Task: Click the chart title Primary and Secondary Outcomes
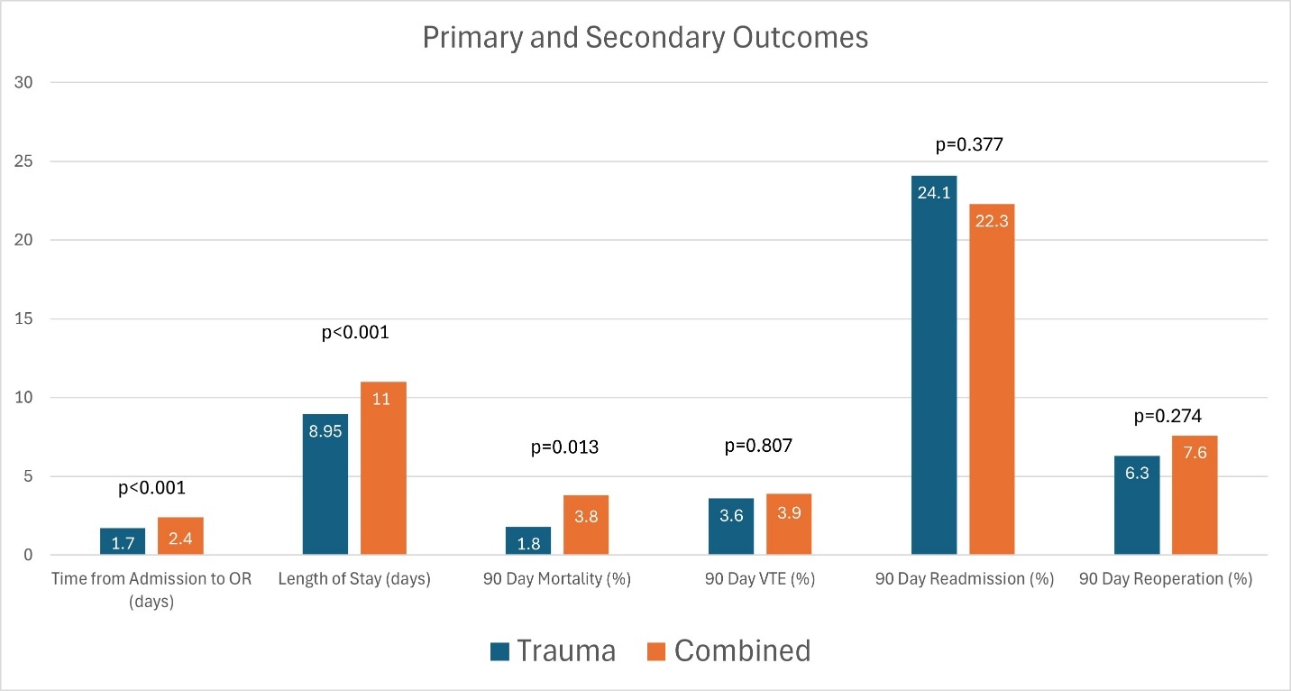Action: pos(645,38)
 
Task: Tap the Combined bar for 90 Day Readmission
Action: pos(992,379)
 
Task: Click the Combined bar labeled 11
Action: pos(383,468)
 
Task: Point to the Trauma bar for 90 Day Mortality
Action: pos(528,540)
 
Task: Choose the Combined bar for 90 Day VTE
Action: pos(789,524)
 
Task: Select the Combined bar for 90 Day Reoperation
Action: pos(1195,495)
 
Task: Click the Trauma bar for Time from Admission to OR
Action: pos(123,541)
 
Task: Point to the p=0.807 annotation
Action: pos(760,446)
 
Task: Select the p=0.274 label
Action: pos(1166,417)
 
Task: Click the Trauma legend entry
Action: pos(554,650)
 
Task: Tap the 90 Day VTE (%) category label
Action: pos(760,579)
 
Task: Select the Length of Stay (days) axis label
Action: pos(354,579)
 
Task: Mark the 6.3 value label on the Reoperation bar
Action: pos(1137,472)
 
